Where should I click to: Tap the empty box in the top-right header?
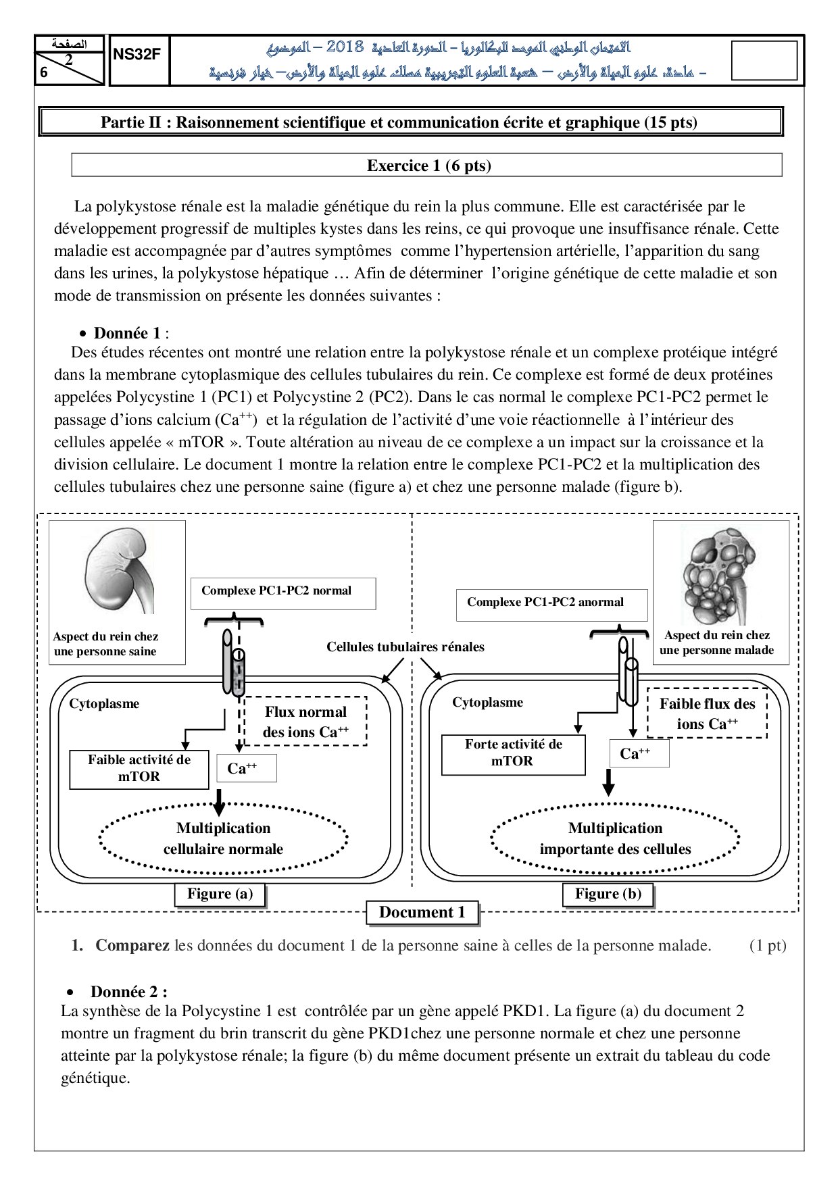764,60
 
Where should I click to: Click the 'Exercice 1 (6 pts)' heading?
428,166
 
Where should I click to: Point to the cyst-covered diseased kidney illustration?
718,574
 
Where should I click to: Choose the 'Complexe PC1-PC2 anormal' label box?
551,604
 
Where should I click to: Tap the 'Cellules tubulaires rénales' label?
405,647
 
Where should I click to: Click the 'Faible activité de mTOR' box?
139,769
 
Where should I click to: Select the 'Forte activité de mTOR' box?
513,753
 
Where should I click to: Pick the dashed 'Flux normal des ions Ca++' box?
305,722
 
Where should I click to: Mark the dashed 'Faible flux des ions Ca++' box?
707,713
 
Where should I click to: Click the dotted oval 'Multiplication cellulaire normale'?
223,838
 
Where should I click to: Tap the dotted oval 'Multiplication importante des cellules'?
615,838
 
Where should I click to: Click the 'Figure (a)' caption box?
220,894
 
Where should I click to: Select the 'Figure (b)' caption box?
608,894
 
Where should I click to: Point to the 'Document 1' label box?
422,913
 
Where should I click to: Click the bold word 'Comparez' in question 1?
132,946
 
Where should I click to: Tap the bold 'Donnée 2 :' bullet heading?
128,992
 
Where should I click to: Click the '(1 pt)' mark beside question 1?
767,946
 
